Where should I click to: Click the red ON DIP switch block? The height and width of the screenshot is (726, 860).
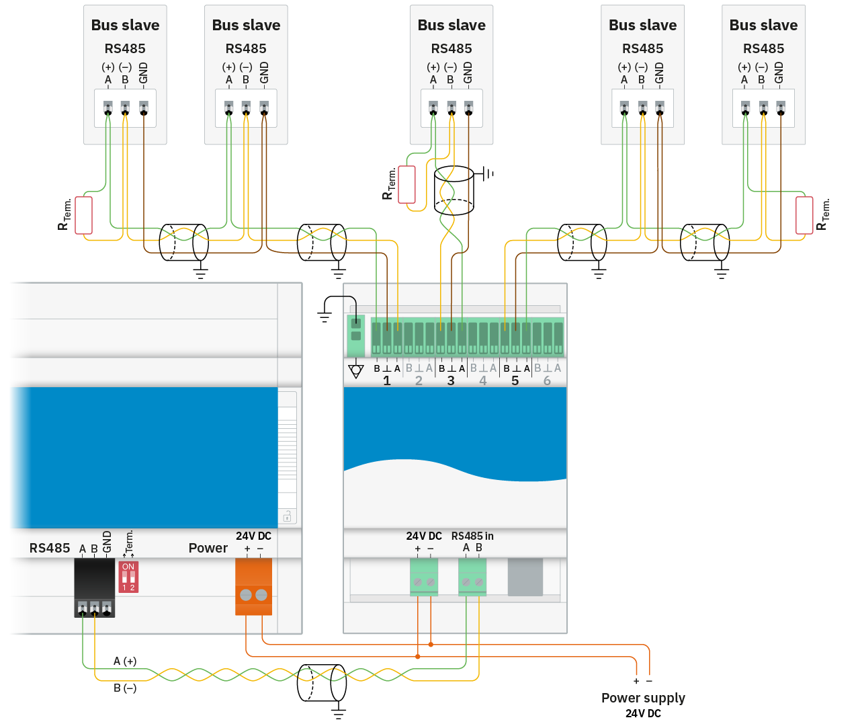[128, 577]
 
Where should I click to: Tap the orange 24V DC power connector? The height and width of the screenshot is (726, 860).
[253, 586]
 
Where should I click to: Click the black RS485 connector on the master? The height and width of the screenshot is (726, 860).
[94, 588]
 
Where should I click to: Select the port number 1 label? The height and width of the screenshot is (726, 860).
[387, 380]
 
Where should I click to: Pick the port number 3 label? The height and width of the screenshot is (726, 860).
[451, 380]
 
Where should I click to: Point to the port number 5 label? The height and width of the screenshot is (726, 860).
[515, 380]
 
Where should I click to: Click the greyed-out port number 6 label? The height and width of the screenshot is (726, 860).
[547, 380]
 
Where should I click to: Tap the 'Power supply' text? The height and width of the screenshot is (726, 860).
[643, 698]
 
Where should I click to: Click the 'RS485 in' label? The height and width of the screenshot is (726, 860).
[472, 536]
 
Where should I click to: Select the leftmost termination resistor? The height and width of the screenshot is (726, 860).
[83, 215]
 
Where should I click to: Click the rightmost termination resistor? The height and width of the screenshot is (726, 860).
[804, 215]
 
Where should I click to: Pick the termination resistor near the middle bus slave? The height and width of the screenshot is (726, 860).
[406, 184]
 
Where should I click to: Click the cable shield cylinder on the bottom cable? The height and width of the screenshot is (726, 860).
[322, 683]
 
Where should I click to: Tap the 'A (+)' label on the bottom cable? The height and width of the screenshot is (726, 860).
[125, 661]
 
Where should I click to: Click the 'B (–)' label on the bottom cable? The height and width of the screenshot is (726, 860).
[125, 688]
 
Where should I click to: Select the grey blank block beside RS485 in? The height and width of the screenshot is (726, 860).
[525, 577]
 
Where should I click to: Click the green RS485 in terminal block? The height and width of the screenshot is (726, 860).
[472, 577]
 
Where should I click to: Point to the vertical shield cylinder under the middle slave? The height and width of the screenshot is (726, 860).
[454, 190]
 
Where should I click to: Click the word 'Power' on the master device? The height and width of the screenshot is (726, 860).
[208, 548]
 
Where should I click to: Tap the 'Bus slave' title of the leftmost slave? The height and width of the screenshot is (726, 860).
[125, 25]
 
